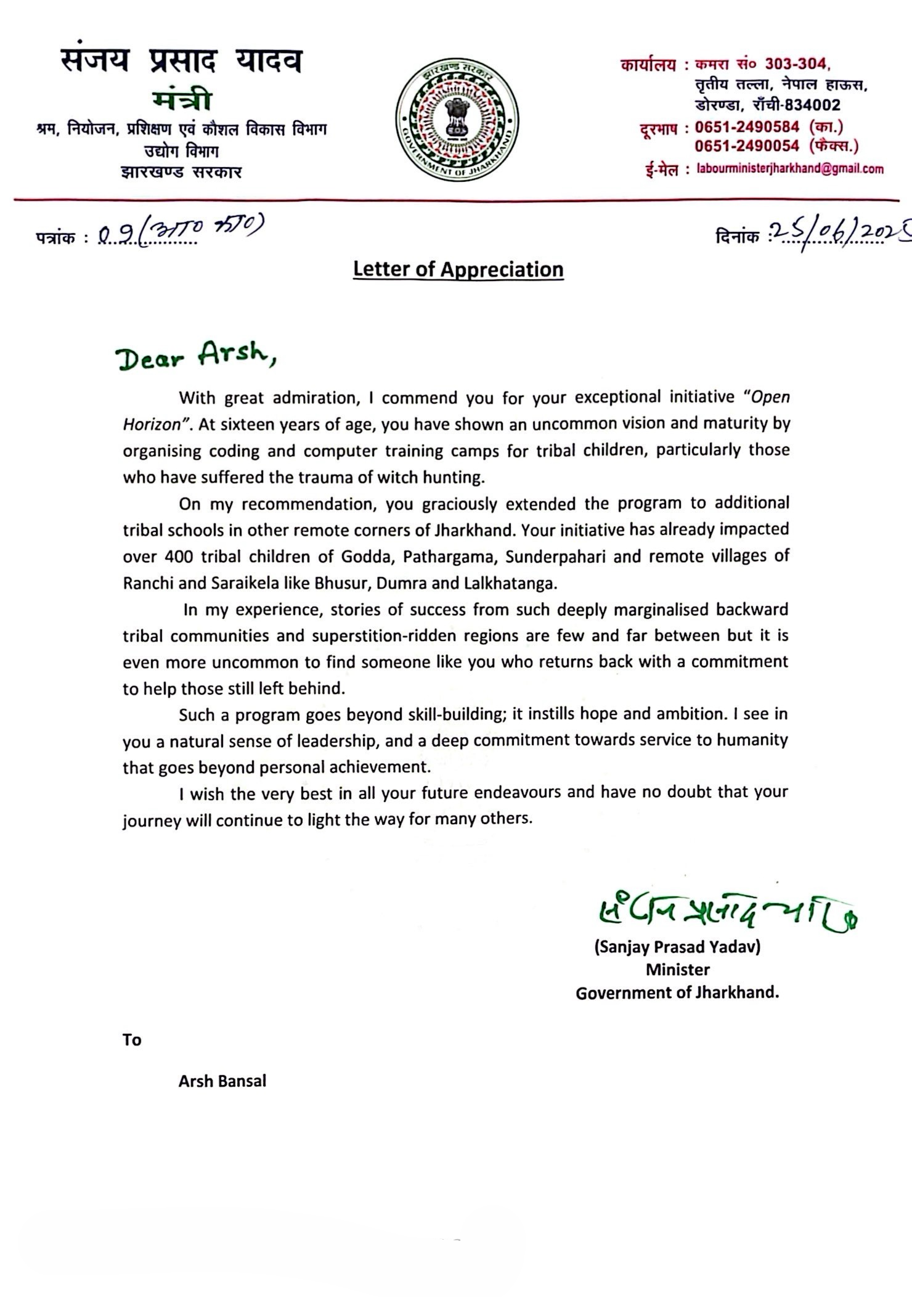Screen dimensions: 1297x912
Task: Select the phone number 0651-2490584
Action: pos(747,127)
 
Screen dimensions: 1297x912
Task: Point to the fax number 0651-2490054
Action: pos(747,146)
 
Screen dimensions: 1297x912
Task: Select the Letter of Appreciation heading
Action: pos(458,269)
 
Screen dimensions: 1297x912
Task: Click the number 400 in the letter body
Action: pos(179,557)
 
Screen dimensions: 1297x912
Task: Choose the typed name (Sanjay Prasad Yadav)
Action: pos(677,947)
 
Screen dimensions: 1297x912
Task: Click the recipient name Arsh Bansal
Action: pos(222,1081)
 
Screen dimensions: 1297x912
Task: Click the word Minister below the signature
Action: pos(677,970)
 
